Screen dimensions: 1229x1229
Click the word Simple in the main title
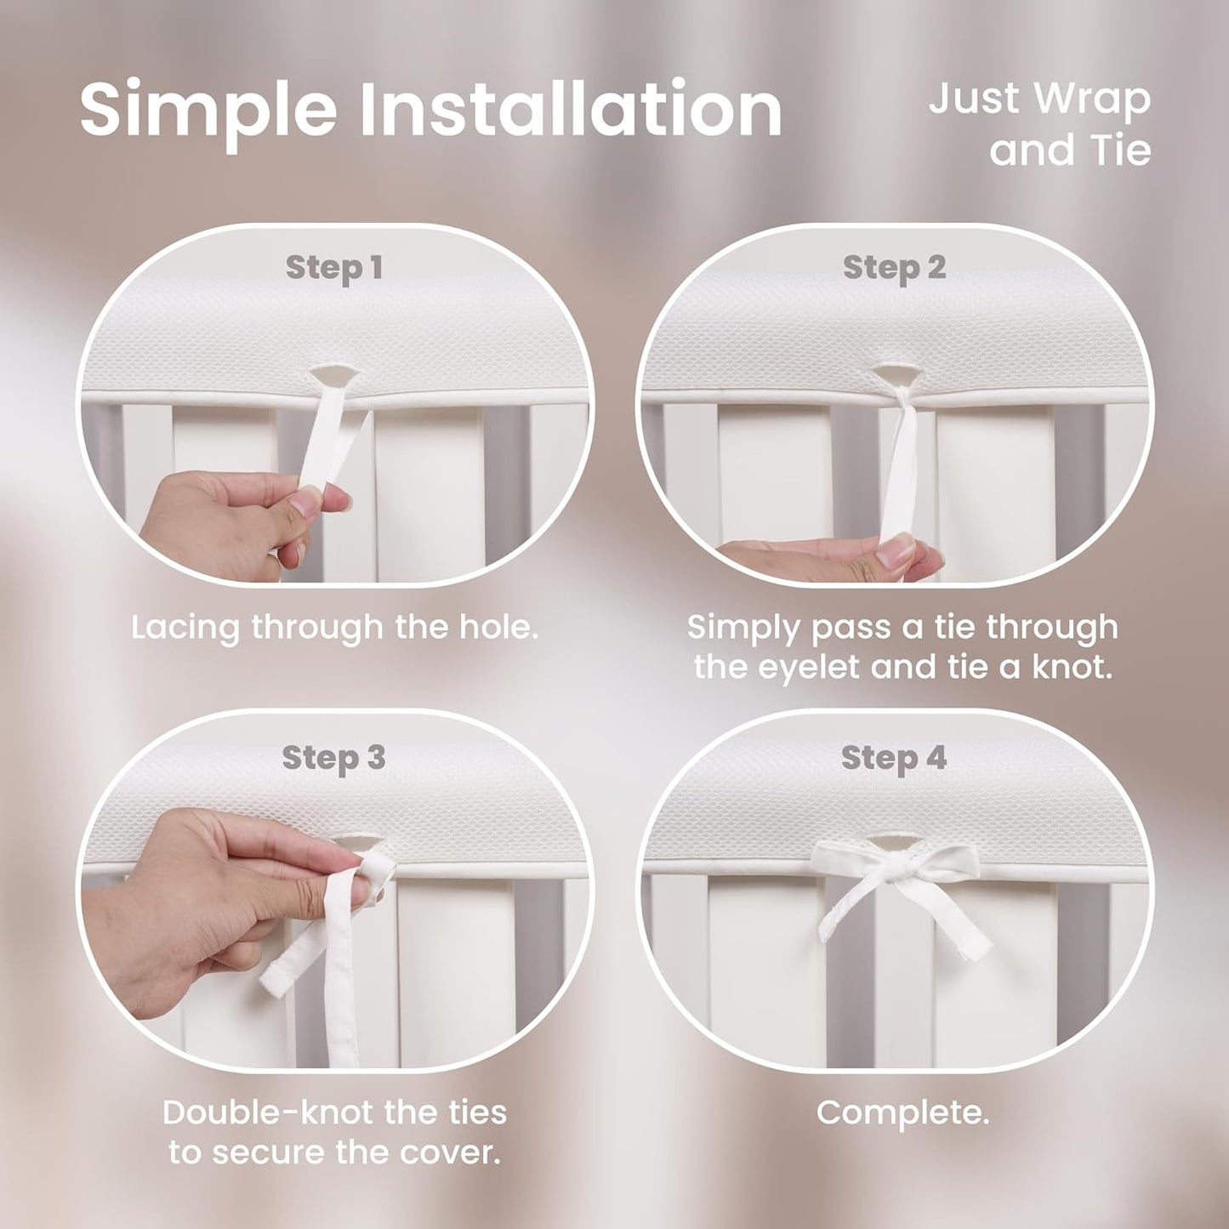[x=208, y=110]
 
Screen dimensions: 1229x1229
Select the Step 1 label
[x=334, y=269]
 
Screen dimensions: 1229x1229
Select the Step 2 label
[x=894, y=269]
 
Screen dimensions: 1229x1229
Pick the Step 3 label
[x=333, y=759]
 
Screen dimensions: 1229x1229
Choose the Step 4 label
[x=894, y=759]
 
